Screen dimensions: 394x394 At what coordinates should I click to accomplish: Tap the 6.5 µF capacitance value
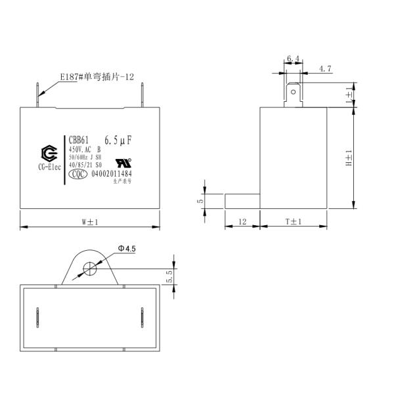coord(119,140)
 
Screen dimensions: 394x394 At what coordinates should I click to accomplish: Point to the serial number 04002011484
coord(112,174)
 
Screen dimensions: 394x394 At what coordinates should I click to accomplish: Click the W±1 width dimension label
coord(90,222)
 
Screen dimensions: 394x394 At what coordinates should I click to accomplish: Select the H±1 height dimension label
coord(349,158)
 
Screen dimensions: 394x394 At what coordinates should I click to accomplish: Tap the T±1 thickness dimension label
coord(293,222)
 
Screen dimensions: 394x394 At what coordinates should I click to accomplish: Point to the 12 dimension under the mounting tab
coord(242,222)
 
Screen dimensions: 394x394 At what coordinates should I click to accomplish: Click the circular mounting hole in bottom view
coord(90,269)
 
